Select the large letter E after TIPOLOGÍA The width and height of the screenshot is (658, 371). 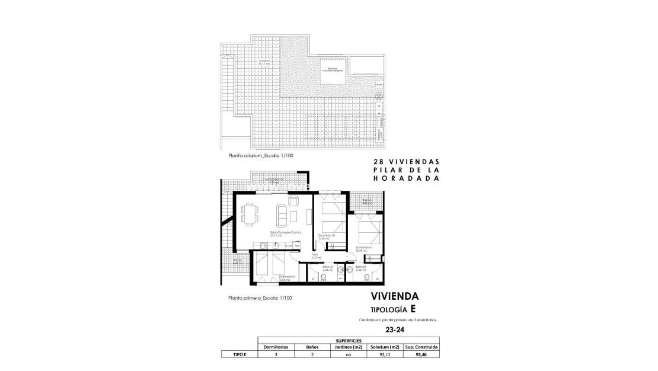[x=413, y=309]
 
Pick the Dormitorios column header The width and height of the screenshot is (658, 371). [x=276, y=347]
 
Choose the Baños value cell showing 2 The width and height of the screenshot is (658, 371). [x=312, y=354]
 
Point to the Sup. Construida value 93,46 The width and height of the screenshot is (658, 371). [x=421, y=354]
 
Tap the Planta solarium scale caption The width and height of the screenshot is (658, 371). [x=261, y=156]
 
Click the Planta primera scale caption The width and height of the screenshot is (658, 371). [x=260, y=299]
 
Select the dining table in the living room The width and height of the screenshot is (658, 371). [x=249, y=214]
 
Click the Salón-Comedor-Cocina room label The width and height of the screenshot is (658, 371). [x=285, y=233]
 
